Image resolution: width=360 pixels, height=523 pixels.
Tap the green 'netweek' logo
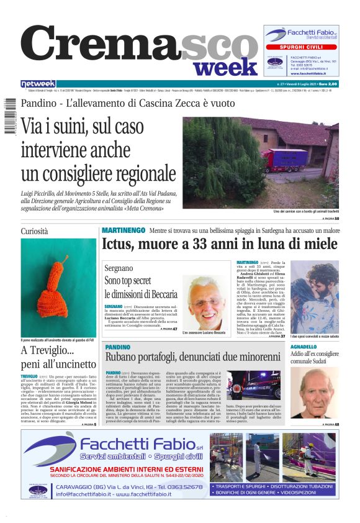[x=38, y=84]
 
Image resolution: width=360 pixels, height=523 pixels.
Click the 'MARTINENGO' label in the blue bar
[x=124, y=230]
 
